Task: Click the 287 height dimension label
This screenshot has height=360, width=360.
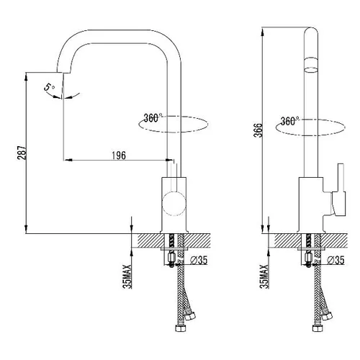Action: [22, 153]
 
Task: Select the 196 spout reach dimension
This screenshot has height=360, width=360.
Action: [119, 156]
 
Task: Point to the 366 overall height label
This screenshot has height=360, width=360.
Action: [258, 130]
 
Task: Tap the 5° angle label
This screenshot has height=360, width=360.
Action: [49, 87]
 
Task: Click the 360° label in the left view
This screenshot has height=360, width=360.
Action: [153, 118]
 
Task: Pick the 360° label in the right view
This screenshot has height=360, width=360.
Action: [289, 121]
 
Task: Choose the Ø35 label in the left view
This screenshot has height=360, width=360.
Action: [198, 261]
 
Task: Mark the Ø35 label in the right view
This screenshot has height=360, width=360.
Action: [336, 261]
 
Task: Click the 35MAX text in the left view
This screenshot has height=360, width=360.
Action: [127, 276]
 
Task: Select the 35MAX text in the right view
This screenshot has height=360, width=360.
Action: [264, 276]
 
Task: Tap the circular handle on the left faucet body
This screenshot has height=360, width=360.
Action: [174, 203]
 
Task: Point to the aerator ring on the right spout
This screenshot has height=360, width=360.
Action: [311, 65]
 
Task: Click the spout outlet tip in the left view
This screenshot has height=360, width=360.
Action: [63, 72]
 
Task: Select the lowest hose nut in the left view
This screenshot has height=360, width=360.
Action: [180, 328]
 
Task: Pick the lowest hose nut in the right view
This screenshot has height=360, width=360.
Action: [317, 328]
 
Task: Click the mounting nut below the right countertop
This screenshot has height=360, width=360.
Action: [309, 258]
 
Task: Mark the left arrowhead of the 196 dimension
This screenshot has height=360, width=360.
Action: [68, 160]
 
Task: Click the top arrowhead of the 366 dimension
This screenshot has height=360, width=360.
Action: [263, 32]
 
